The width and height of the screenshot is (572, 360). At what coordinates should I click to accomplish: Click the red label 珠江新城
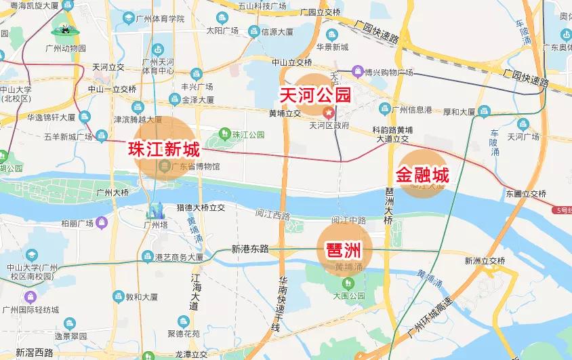pyautogui.click(x=165, y=149)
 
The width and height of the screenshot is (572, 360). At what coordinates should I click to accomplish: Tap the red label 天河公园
pyautogui.click(x=315, y=94)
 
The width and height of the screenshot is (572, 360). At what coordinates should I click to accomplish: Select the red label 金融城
pyautogui.click(x=423, y=176)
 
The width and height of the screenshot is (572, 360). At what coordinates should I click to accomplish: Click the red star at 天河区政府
pyautogui.click(x=329, y=112)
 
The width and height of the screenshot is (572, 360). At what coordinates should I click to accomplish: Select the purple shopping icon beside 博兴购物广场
pyautogui.click(x=357, y=71)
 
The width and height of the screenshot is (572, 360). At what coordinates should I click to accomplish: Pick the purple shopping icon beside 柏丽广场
pyautogui.click(x=102, y=222)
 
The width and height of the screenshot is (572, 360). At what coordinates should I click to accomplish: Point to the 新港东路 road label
pyautogui.click(x=249, y=249)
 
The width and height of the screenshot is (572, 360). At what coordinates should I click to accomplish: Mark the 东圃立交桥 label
pyautogui.click(x=525, y=194)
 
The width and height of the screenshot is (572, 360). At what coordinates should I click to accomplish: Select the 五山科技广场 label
pyautogui.click(x=243, y=7)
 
